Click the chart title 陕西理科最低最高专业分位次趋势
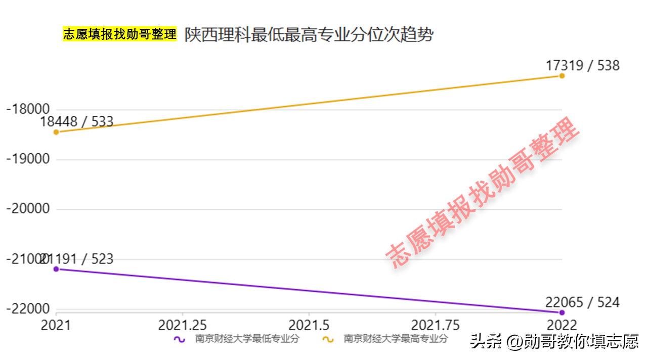pyautogui.click(x=309, y=35)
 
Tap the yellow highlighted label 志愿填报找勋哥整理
pyautogui.click(x=119, y=34)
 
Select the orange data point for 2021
pyautogui.click(x=56, y=132)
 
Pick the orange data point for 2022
pyautogui.click(x=561, y=76)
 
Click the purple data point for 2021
pyautogui.click(x=56, y=269)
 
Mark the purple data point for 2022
pyautogui.click(x=561, y=312)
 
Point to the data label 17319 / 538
pyautogui.click(x=582, y=65)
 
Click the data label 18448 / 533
pyautogui.click(x=77, y=121)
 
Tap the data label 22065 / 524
pyautogui.click(x=582, y=302)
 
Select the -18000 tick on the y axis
pyautogui.click(x=27, y=110)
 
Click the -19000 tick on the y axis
pyautogui.click(x=27, y=159)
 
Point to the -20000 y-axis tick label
pyautogui.click(x=27, y=209)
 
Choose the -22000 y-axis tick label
pyautogui.click(x=27, y=309)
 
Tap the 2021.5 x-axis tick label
pyautogui.click(x=309, y=325)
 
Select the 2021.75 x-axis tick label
pyautogui.click(x=435, y=325)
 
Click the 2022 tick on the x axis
pyautogui.click(x=561, y=325)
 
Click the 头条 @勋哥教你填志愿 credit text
pyautogui.click(x=554, y=341)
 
